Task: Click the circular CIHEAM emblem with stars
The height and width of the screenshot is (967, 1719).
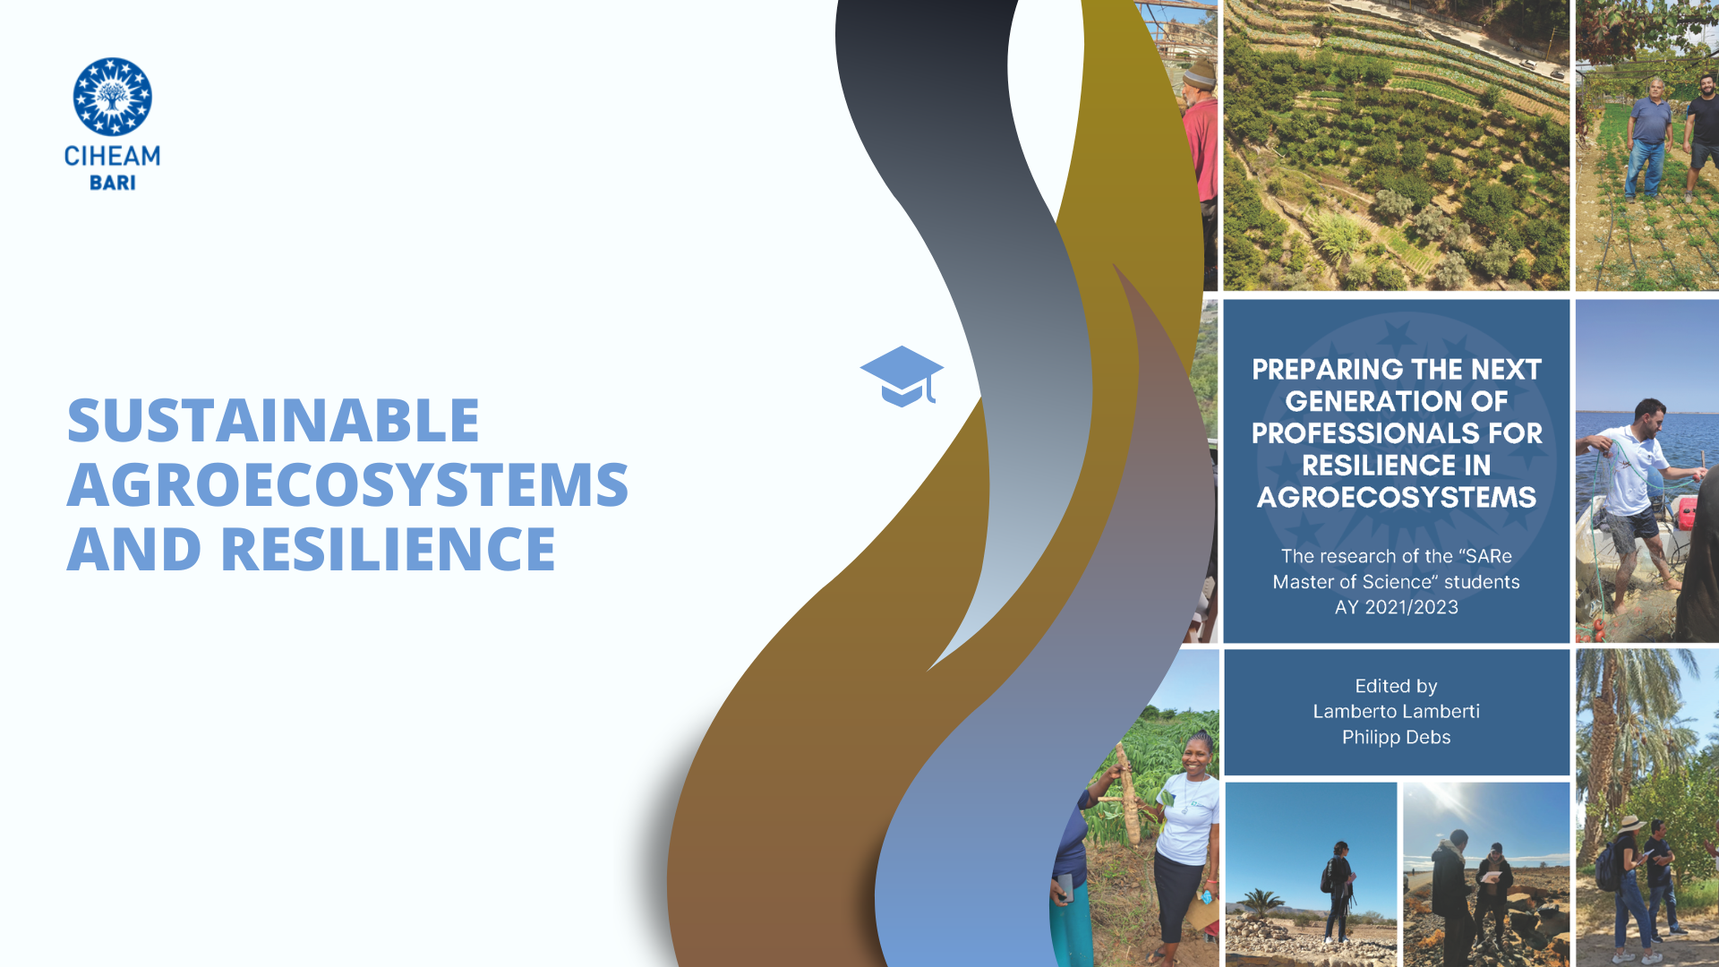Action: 112,97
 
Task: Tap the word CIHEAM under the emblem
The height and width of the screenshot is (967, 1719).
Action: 112,157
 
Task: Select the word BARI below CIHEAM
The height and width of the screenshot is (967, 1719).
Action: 113,183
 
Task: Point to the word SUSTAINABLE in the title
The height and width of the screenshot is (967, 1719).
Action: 273,420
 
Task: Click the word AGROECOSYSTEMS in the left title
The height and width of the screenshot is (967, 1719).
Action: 347,484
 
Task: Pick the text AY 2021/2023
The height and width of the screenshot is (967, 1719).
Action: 1396,607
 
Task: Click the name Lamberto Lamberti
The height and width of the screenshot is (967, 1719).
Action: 1396,711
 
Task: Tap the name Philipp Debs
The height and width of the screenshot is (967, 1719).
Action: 1396,737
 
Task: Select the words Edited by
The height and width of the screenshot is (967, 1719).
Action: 1396,686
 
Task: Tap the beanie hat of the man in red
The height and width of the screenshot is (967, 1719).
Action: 1200,73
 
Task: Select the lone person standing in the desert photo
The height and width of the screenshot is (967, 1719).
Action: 1338,892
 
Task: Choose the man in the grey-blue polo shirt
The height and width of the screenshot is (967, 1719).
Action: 1648,139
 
